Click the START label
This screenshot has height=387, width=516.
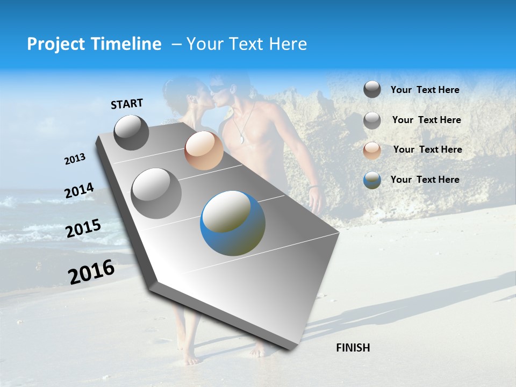pos(127,104)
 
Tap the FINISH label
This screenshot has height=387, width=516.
pos(353,347)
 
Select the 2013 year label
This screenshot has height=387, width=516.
pos(75,159)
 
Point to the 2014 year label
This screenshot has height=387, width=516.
pos(79,191)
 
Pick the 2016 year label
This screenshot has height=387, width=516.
pos(91,271)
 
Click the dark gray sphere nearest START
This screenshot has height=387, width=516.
pos(131,132)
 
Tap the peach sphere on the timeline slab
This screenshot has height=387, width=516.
pos(204,150)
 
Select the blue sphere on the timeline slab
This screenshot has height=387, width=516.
pos(233,223)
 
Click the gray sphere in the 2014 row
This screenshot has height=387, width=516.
pos(156,193)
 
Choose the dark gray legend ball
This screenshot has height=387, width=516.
pos(372,89)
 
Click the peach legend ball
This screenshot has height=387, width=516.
pos(372,150)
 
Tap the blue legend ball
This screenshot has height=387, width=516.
pos(372,180)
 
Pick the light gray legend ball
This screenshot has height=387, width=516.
pos(372,120)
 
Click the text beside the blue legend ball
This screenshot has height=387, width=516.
pos(425,180)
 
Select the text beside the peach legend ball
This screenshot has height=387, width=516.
pos(427,149)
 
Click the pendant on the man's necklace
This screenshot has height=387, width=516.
pos(242,140)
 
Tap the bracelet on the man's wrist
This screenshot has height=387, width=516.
pos(314,187)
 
